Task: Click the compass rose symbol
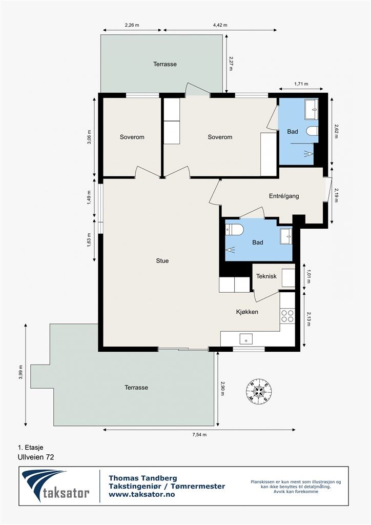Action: pos(258,392)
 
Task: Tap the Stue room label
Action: pos(162,261)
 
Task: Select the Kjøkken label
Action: pos(247,312)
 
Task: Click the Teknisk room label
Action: pos(266,276)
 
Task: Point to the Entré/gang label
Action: pos(284,196)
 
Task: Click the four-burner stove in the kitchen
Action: pos(287,316)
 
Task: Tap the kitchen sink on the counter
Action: pos(246,339)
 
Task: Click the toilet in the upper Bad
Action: pos(312,131)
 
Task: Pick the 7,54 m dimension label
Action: pos(199,435)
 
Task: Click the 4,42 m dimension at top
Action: pos(220,25)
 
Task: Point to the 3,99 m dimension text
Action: pos(20,372)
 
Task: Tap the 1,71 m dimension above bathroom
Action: pos(301,84)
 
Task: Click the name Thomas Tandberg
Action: pos(143,478)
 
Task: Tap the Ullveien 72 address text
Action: pos(36,457)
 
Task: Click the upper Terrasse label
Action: pos(165,64)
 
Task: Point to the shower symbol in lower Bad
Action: pos(230,250)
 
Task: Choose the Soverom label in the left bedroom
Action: pos(132,137)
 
